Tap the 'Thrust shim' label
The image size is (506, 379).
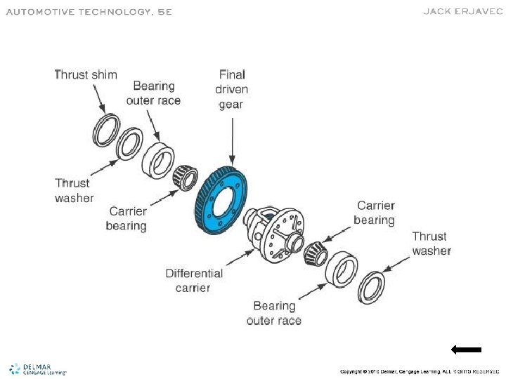(x=86, y=74)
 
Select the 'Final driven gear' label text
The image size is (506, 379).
(x=232, y=88)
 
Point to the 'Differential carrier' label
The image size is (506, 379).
(x=194, y=280)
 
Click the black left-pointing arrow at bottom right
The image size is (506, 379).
(x=466, y=349)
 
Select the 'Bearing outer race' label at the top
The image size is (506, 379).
(x=153, y=93)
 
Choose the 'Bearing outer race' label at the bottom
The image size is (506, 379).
(x=274, y=313)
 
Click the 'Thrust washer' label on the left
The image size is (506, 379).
(x=74, y=190)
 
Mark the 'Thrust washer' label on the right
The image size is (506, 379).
(x=431, y=244)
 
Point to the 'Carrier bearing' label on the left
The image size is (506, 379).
(x=127, y=218)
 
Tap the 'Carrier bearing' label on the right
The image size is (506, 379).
(x=375, y=213)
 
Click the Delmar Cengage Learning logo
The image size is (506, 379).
(x=37, y=369)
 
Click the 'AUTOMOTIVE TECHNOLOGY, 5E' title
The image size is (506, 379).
(x=89, y=12)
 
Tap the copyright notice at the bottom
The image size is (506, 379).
(x=420, y=371)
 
